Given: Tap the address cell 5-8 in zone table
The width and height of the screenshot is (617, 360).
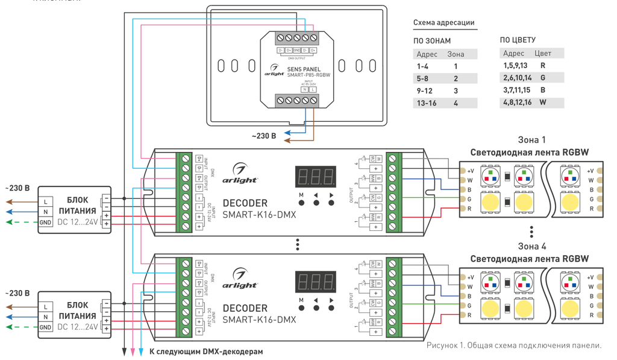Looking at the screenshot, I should pyautogui.click(x=422, y=78).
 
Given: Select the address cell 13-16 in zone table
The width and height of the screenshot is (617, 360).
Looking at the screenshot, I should pyautogui.click(x=425, y=103).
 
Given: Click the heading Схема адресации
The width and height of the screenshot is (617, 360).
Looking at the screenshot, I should pyautogui.click(x=443, y=23).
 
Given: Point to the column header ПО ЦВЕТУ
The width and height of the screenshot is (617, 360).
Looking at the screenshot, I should pyautogui.click(x=518, y=40).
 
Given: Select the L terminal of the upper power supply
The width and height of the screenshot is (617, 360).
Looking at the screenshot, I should pyautogui.click(x=46, y=201).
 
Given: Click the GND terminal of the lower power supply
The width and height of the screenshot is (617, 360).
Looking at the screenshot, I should pyautogui.click(x=46, y=327).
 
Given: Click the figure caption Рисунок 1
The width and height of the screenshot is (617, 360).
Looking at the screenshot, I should pyautogui.click(x=514, y=346).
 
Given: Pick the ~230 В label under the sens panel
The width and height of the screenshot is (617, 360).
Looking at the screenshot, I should pyautogui.click(x=264, y=136).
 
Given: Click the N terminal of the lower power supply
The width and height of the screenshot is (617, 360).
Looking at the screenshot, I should pyautogui.click(x=46, y=317).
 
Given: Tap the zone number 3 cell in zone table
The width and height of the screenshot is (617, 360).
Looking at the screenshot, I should pyautogui.click(x=456, y=90).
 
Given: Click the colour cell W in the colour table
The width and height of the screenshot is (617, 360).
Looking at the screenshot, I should pyautogui.click(x=543, y=103).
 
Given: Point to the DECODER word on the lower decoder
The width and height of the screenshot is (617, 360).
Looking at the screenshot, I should pyautogui.click(x=245, y=308).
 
